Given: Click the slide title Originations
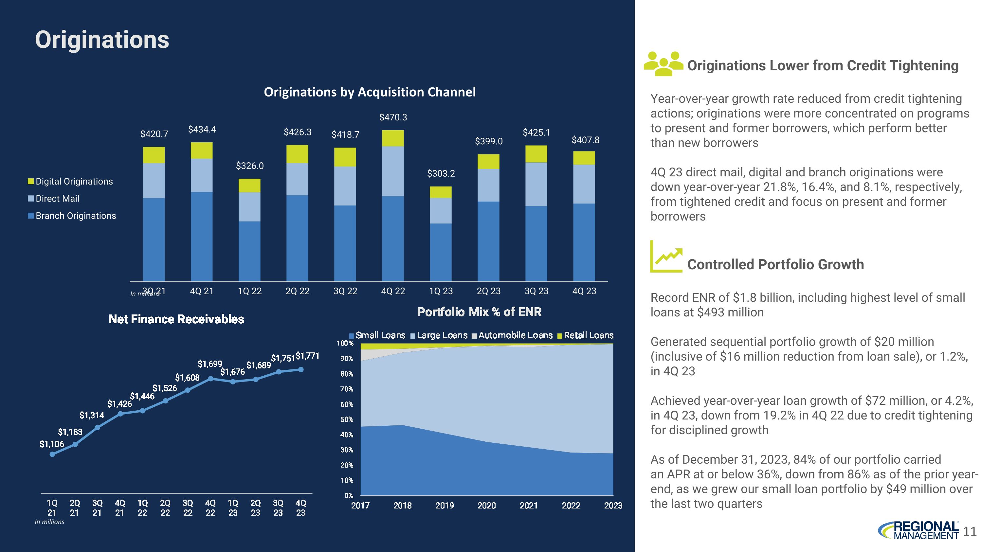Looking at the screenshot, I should pos(102,40).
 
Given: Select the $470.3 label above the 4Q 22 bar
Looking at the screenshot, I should pos(393,117).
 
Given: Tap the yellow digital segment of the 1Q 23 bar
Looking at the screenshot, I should pos(441,192).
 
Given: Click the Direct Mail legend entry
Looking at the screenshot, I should pos(57,199).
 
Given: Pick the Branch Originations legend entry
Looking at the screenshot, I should pos(76,216).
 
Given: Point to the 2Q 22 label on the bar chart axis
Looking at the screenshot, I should pos(297,291).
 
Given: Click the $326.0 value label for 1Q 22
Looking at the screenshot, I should pos(250,166).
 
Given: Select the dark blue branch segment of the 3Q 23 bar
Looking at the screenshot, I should pos(536,244).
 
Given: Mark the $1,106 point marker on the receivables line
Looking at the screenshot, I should pos(52,454).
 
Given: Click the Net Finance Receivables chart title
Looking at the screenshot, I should pos(176,319).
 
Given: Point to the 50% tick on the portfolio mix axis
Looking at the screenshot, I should pos(347,419).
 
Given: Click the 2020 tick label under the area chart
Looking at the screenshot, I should pos(486,506).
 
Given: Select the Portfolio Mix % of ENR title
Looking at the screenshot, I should pos(479,312).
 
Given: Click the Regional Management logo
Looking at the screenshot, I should pos(918,530).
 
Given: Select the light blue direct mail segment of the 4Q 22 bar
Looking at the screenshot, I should pos(393,171).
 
